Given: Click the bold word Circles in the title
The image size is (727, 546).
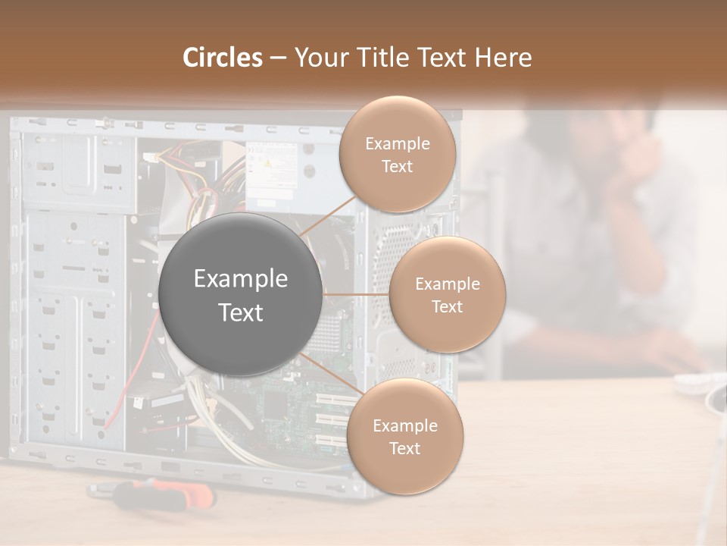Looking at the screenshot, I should [222, 58].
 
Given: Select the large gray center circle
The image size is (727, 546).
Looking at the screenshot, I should [241, 294].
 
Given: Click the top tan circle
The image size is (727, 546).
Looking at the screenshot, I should [397, 155].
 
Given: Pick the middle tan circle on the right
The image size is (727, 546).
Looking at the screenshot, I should [447, 294].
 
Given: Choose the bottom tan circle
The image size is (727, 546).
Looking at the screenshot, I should [404, 436].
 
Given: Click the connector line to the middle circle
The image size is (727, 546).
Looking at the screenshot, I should [355, 294].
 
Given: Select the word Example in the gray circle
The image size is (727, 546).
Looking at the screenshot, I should [241, 279].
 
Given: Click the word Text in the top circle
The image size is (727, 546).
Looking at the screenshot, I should [397, 166].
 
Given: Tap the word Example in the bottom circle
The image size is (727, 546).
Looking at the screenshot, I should [404, 425].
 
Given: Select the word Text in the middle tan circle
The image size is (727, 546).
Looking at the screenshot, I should [447, 306].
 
